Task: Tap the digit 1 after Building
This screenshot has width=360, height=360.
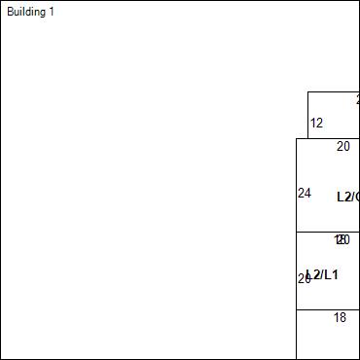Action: coord(52,12)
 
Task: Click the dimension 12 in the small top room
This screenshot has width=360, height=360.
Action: coord(316,124)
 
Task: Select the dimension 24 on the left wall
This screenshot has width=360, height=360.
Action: coord(304,193)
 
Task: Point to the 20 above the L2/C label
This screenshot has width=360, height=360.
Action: coord(343,147)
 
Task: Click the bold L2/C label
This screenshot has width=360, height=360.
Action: coord(347,197)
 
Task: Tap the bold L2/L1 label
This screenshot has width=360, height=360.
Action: coord(323,274)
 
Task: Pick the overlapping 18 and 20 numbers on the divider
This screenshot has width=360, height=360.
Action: coord(342,239)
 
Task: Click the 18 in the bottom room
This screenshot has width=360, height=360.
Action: coord(340,317)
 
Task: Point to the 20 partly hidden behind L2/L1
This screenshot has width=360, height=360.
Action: coord(302,278)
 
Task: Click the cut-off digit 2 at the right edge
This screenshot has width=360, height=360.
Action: coord(357,99)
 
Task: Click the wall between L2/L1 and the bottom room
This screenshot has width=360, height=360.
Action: coord(328,309)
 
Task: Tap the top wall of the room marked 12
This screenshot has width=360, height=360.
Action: coord(333,91)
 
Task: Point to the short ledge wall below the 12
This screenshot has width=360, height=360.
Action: coord(302,138)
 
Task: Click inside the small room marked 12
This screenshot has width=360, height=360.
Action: coord(336,115)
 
